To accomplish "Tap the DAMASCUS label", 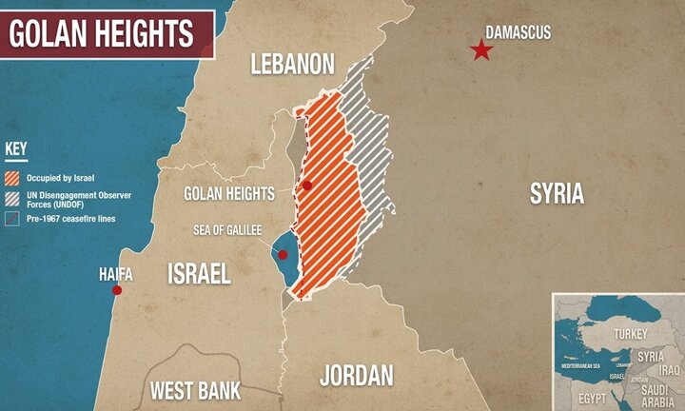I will pos(518,31).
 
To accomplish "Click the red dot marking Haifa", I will pos(117,290).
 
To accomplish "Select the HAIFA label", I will pos(116,274).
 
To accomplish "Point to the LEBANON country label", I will pos(292,64).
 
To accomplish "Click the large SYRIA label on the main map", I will pos(557,194).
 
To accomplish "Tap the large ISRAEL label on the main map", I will pos(199,274).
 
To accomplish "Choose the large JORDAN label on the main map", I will pos(356,375).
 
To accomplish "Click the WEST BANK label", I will pos(196,390).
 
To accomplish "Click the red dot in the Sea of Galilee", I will pos(283,255).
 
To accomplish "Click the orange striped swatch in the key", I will pos(12,178).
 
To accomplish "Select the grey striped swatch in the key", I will pos(12,197).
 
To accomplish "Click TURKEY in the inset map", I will pos(630,334).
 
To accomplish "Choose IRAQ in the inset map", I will pos(670,368).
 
